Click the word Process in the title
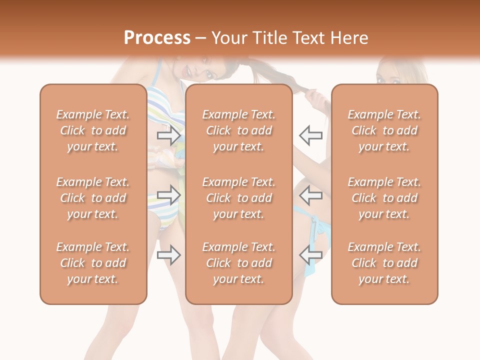coord(157,38)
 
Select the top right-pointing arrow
coord(168,135)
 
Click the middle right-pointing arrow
coord(168,194)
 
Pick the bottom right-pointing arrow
coord(168,254)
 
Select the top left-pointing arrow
coord(311,135)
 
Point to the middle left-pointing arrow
coord(311,194)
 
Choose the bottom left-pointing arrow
coord(311,254)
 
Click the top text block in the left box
coord(93,130)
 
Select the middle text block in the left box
coord(93,198)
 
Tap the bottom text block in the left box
coord(93,263)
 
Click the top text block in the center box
coord(238,130)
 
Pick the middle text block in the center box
coord(238,198)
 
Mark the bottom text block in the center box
coord(238,263)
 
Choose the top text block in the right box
coord(384,130)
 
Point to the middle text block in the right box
coord(384,198)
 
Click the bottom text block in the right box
coord(384,263)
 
